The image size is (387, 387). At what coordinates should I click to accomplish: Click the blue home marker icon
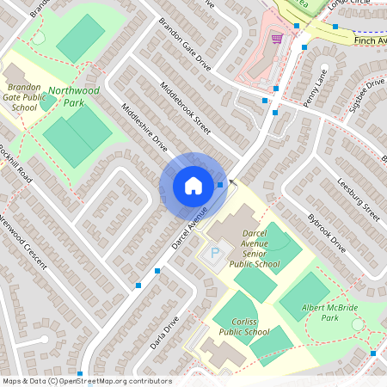[193, 185]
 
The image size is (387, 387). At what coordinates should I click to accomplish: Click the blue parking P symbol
[215, 254]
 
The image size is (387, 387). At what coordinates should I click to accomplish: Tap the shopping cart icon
[276, 38]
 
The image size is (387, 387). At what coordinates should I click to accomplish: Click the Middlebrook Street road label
[186, 108]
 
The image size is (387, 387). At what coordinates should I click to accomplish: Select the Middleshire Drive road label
[144, 129]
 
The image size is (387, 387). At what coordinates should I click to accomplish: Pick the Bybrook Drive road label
[327, 233]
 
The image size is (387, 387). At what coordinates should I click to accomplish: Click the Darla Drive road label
[166, 334]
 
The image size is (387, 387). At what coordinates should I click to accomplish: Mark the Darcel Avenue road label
[190, 232]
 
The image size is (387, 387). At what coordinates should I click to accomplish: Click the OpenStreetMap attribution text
[86, 381]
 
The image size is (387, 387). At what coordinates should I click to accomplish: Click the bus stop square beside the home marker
[221, 184]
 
